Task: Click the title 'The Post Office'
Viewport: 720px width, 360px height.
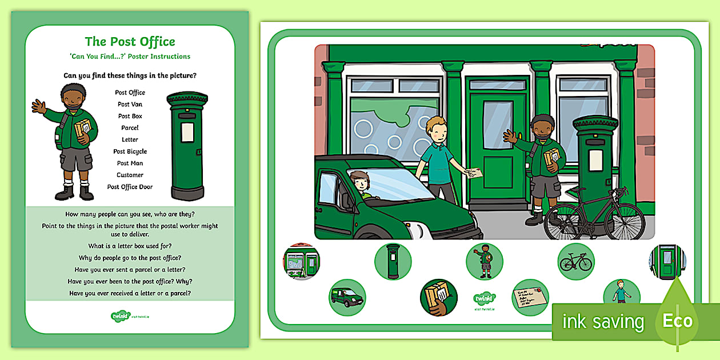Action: [x=130, y=42]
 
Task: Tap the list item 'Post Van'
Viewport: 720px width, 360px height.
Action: [x=130, y=104]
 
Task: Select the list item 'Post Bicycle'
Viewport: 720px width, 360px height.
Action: [x=130, y=151]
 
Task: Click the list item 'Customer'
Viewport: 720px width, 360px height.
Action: [x=130, y=175]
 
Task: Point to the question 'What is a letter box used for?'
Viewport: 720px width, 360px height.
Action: [x=130, y=246]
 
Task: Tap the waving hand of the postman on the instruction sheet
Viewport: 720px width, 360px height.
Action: [x=39, y=106]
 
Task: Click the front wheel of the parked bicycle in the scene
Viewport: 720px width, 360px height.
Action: [x=625, y=220]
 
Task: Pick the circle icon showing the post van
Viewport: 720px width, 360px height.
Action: [x=347, y=297]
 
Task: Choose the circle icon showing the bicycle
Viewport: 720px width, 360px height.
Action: [x=576, y=262]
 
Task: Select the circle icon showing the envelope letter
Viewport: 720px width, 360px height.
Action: [x=530, y=297]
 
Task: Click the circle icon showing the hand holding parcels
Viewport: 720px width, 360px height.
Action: [x=439, y=297]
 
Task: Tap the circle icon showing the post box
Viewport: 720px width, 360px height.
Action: [x=393, y=262]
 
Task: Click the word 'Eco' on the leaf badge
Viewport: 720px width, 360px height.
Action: [x=678, y=321]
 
